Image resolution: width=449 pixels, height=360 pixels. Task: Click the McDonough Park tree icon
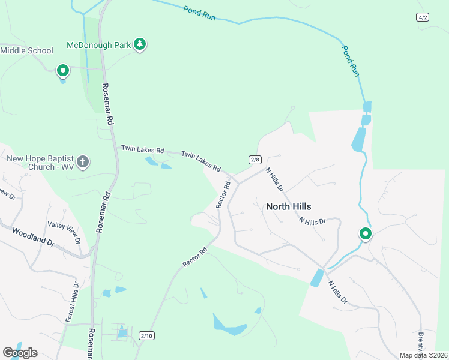point(140,44)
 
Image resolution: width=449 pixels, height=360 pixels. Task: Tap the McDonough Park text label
point(99,45)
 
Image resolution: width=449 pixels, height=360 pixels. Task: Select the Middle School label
point(27,50)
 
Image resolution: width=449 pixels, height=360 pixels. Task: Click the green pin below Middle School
point(62,71)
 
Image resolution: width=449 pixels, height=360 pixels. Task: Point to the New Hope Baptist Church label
point(40,163)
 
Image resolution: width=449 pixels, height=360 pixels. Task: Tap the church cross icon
point(83,162)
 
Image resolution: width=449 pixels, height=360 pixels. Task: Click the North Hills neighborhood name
point(288,206)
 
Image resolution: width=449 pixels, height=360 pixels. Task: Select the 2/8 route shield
point(255,160)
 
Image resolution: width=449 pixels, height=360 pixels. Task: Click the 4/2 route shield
point(423,17)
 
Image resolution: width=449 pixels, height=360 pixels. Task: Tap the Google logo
point(20,352)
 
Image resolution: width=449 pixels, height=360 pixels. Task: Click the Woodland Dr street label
point(33,238)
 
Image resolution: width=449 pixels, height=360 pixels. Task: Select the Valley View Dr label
point(64,233)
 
